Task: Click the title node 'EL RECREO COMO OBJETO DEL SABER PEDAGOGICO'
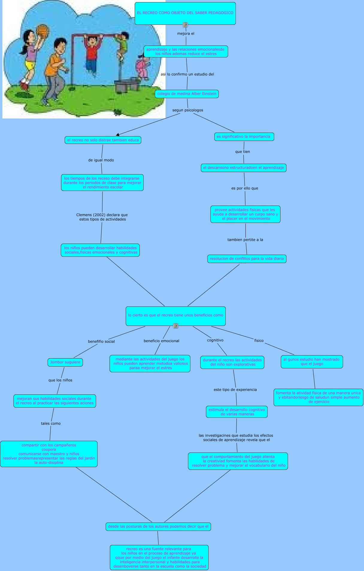(185, 13)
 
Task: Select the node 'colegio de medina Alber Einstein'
(187, 94)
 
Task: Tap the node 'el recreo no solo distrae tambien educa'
(103, 140)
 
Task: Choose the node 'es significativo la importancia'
(244, 137)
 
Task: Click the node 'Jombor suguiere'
(65, 362)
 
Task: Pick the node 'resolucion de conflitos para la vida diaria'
(247, 259)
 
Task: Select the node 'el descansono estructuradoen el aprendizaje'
(243, 168)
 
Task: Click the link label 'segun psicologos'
(188, 110)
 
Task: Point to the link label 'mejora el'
(186, 34)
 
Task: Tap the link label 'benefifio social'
(101, 341)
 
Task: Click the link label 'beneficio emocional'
(161, 341)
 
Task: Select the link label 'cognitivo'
(215, 340)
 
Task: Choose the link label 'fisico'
(259, 341)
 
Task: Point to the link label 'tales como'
(51, 423)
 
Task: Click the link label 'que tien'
(242, 152)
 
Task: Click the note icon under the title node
(185, 25)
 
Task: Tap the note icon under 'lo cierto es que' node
(176, 326)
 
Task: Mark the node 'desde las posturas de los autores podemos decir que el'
(158, 527)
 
